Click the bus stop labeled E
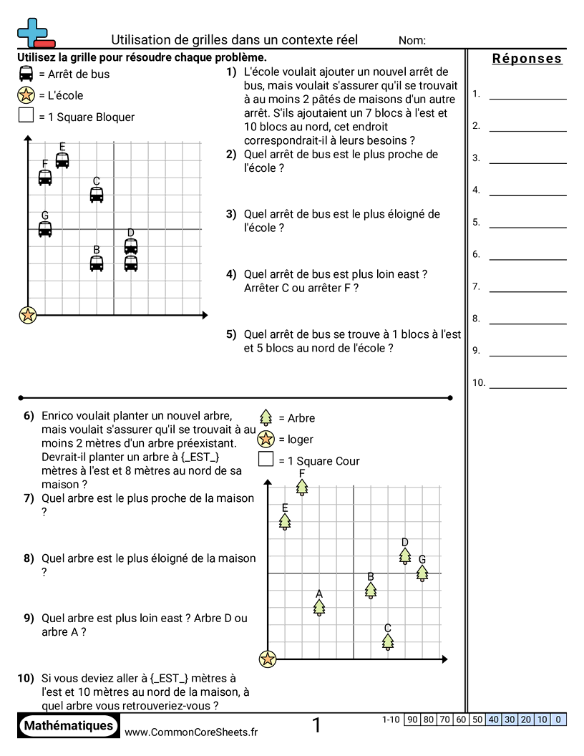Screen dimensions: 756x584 (62, 160)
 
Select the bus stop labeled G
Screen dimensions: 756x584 (45, 229)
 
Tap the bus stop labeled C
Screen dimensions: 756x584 (97, 195)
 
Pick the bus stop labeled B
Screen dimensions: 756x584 (97, 263)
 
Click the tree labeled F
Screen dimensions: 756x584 (302, 488)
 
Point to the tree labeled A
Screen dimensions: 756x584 (319, 607)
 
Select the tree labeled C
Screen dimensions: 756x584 (388, 642)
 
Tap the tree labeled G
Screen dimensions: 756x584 (422, 573)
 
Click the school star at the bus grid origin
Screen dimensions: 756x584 (28, 314)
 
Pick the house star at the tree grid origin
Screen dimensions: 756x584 (268, 659)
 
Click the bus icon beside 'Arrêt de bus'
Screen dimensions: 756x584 (26, 74)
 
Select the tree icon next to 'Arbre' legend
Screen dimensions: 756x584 (266, 418)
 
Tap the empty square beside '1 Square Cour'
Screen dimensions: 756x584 (266, 460)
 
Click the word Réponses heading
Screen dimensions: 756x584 (527, 59)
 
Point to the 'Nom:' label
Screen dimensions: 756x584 (412, 41)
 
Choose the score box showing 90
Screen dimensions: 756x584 (412, 719)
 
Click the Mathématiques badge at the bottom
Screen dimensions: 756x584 (69, 726)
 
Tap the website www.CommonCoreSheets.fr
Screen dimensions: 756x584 (191, 732)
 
